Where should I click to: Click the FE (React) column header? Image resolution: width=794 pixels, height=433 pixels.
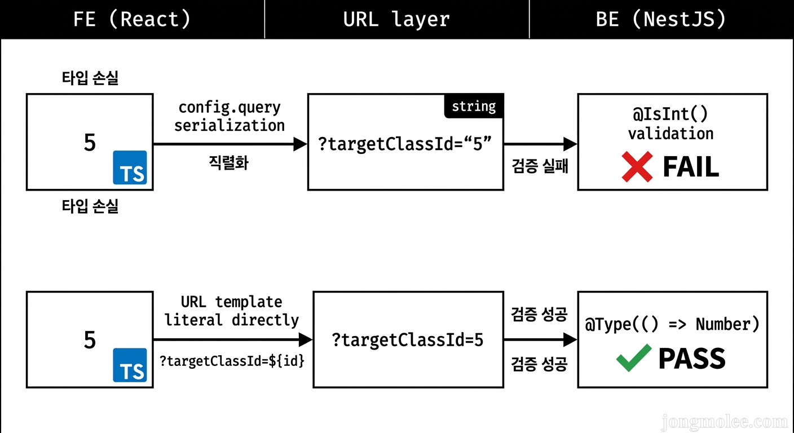[x=132, y=19]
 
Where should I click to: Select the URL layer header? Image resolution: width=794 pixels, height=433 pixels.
[x=396, y=19]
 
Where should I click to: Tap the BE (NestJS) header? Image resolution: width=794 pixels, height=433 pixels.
[x=661, y=19]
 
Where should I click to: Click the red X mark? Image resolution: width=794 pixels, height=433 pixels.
[x=637, y=167]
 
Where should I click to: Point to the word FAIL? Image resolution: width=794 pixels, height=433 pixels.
[x=691, y=167]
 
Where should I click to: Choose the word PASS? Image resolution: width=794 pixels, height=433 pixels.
[x=692, y=359]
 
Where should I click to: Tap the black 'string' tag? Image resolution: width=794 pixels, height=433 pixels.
[x=474, y=107]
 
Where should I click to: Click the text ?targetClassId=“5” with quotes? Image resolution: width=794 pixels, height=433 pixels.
[x=405, y=144]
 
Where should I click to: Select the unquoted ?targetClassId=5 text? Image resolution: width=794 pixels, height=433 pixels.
[x=408, y=341]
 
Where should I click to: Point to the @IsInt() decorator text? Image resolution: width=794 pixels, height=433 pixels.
[x=671, y=114]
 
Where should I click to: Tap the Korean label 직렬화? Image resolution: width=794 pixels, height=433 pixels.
[x=228, y=164]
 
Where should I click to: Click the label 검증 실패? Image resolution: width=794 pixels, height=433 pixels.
[x=540, y=166]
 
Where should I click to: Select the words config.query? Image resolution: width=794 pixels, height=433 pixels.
[x=230, y=107]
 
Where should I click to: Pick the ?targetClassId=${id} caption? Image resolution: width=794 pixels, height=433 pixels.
[x=232, y=361]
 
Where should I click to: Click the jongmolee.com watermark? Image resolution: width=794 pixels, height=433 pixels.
[x=725, y=421]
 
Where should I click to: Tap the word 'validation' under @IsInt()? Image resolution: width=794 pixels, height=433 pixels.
[x=671, y=134]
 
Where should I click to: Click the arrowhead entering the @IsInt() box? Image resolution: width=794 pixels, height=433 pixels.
[x=570, y=144]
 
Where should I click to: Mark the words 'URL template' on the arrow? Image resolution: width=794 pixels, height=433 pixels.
[x=232, y=302]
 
